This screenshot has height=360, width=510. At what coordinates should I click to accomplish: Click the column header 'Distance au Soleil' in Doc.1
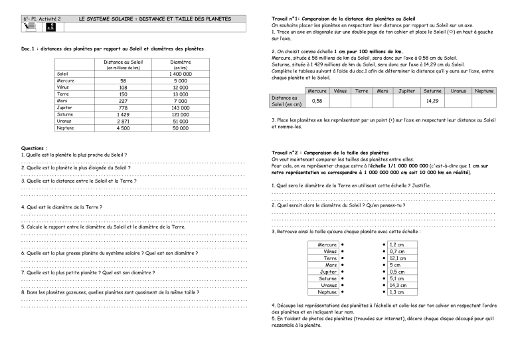tap(124, 62)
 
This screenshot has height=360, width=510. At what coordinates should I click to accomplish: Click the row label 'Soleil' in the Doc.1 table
tap(64, 74)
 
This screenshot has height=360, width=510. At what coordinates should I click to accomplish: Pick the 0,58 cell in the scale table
tap(317, 101)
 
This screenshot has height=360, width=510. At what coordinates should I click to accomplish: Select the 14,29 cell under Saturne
tap(432, 101)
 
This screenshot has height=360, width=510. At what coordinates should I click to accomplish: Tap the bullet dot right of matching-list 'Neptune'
tap(342, 292)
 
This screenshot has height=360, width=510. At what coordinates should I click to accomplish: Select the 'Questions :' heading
tap(35, 148)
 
